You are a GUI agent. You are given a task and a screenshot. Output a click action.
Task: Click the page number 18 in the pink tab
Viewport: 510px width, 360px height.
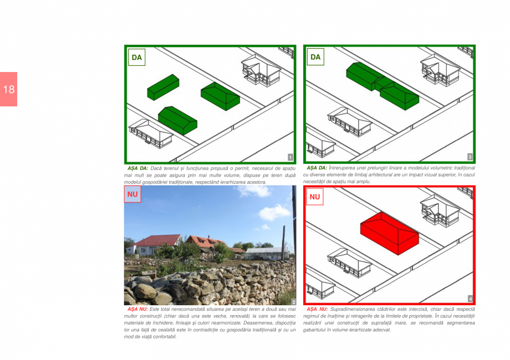click(x=8, y=89)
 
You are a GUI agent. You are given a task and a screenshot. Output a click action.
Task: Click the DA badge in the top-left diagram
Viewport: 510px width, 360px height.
click(x=136, y=57)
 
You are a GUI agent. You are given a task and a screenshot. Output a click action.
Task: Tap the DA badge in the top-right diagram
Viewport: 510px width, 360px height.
click(x=315, y=57)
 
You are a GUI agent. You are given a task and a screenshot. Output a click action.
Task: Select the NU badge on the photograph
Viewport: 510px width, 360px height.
click(x=132, y=194)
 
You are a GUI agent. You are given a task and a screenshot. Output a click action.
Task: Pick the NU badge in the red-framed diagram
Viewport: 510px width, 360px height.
click(x=315, y=197)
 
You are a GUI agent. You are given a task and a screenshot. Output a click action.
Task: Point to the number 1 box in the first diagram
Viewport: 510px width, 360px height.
click(x=290, y=158)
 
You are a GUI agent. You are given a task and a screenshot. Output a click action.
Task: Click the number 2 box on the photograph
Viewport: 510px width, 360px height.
click(x=293, y=301)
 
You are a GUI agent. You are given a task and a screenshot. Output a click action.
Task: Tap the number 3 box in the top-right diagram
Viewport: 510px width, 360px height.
click(x=470, y=157)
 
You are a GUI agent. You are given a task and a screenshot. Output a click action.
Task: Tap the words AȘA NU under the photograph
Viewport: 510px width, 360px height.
click(x=137, y=308)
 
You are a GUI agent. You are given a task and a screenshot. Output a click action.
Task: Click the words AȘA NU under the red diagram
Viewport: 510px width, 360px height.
click(x=317, y=308)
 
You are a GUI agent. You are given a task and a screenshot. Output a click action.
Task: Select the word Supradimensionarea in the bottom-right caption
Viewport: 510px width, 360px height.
click(x=352, y=308)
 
